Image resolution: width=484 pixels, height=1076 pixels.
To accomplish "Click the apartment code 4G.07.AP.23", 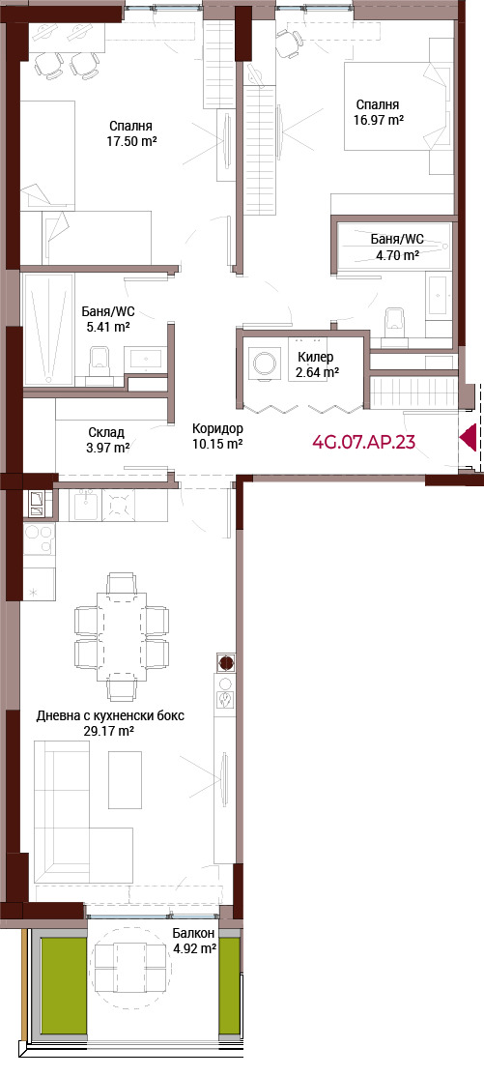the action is pyautogui.click(x=363, y=441).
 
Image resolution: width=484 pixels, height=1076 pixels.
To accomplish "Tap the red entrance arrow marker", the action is pyautogui.click(x=469, y=438).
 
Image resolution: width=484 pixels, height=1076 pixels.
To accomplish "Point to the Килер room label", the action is pyautogui.click(x=315, y=357).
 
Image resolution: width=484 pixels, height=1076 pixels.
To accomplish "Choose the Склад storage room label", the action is pyautogui.click(x=106, y=432).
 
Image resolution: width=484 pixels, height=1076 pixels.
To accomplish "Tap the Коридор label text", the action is pyautogui.click(x=217, y=429).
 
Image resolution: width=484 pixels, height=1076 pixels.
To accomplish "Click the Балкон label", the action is pyautogui.click(x=194, y=933).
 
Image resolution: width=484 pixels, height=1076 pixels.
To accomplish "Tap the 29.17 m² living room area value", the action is pyautogui.click(x=109, y=731).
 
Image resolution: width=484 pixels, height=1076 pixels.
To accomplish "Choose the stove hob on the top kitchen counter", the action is pyautogui.click(x=119, y=506).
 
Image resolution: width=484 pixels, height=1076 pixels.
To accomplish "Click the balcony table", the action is pyautogui.click(x=130, y=967).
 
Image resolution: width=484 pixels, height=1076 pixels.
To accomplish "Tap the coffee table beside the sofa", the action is pyautogui.click(x=125, y=779).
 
